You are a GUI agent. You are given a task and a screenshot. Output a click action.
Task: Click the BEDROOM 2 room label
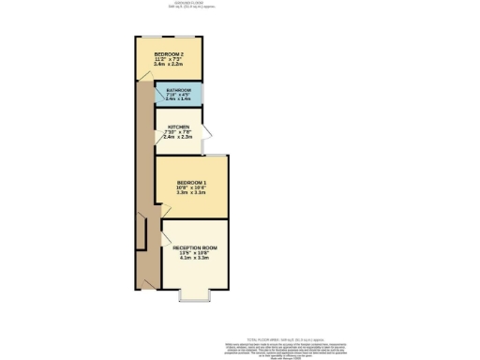point(169,54)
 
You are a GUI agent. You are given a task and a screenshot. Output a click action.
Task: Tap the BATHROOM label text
point(178,91)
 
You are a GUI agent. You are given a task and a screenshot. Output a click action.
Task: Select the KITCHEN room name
point(178,127)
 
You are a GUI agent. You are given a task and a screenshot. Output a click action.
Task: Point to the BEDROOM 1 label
point(190,181)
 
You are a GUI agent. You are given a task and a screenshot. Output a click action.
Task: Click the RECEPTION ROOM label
point(195,247)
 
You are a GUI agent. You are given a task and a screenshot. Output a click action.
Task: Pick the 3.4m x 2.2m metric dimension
point(169,66)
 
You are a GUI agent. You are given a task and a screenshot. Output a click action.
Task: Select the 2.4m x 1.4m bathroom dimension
point(178,100)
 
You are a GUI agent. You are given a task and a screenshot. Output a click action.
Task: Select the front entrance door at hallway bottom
point(145,281)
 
